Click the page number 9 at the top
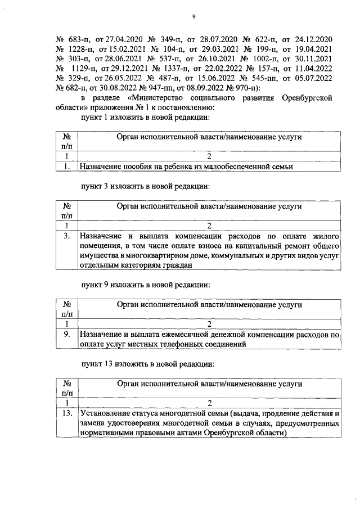(x=193, y=17)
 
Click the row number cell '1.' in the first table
(x=66, y=166)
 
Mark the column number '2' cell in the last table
(x=209, y=403)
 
